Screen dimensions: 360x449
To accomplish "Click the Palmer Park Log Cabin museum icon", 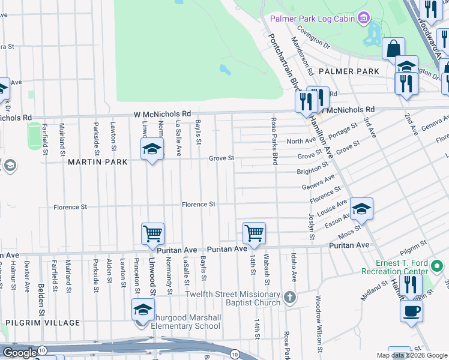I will (x=363, y=19).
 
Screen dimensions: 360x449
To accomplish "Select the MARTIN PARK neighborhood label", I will (x=97, y=162).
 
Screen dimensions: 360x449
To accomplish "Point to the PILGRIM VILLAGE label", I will (x=43, y=323).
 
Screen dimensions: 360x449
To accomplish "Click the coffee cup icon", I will (x=411, y=311).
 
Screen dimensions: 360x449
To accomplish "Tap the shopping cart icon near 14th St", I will (x=254, y=233).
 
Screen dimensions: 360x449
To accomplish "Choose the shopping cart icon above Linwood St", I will (x=152, y=233).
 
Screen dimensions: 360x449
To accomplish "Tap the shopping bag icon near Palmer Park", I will (x=393, y=48).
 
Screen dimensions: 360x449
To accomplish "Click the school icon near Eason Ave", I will (x=361, y=209).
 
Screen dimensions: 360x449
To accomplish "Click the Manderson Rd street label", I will (x=302, y=55).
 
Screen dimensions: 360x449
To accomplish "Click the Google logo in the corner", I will (x=20, y=353).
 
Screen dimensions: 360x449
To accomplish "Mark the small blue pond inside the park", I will (x=225, y=69).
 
